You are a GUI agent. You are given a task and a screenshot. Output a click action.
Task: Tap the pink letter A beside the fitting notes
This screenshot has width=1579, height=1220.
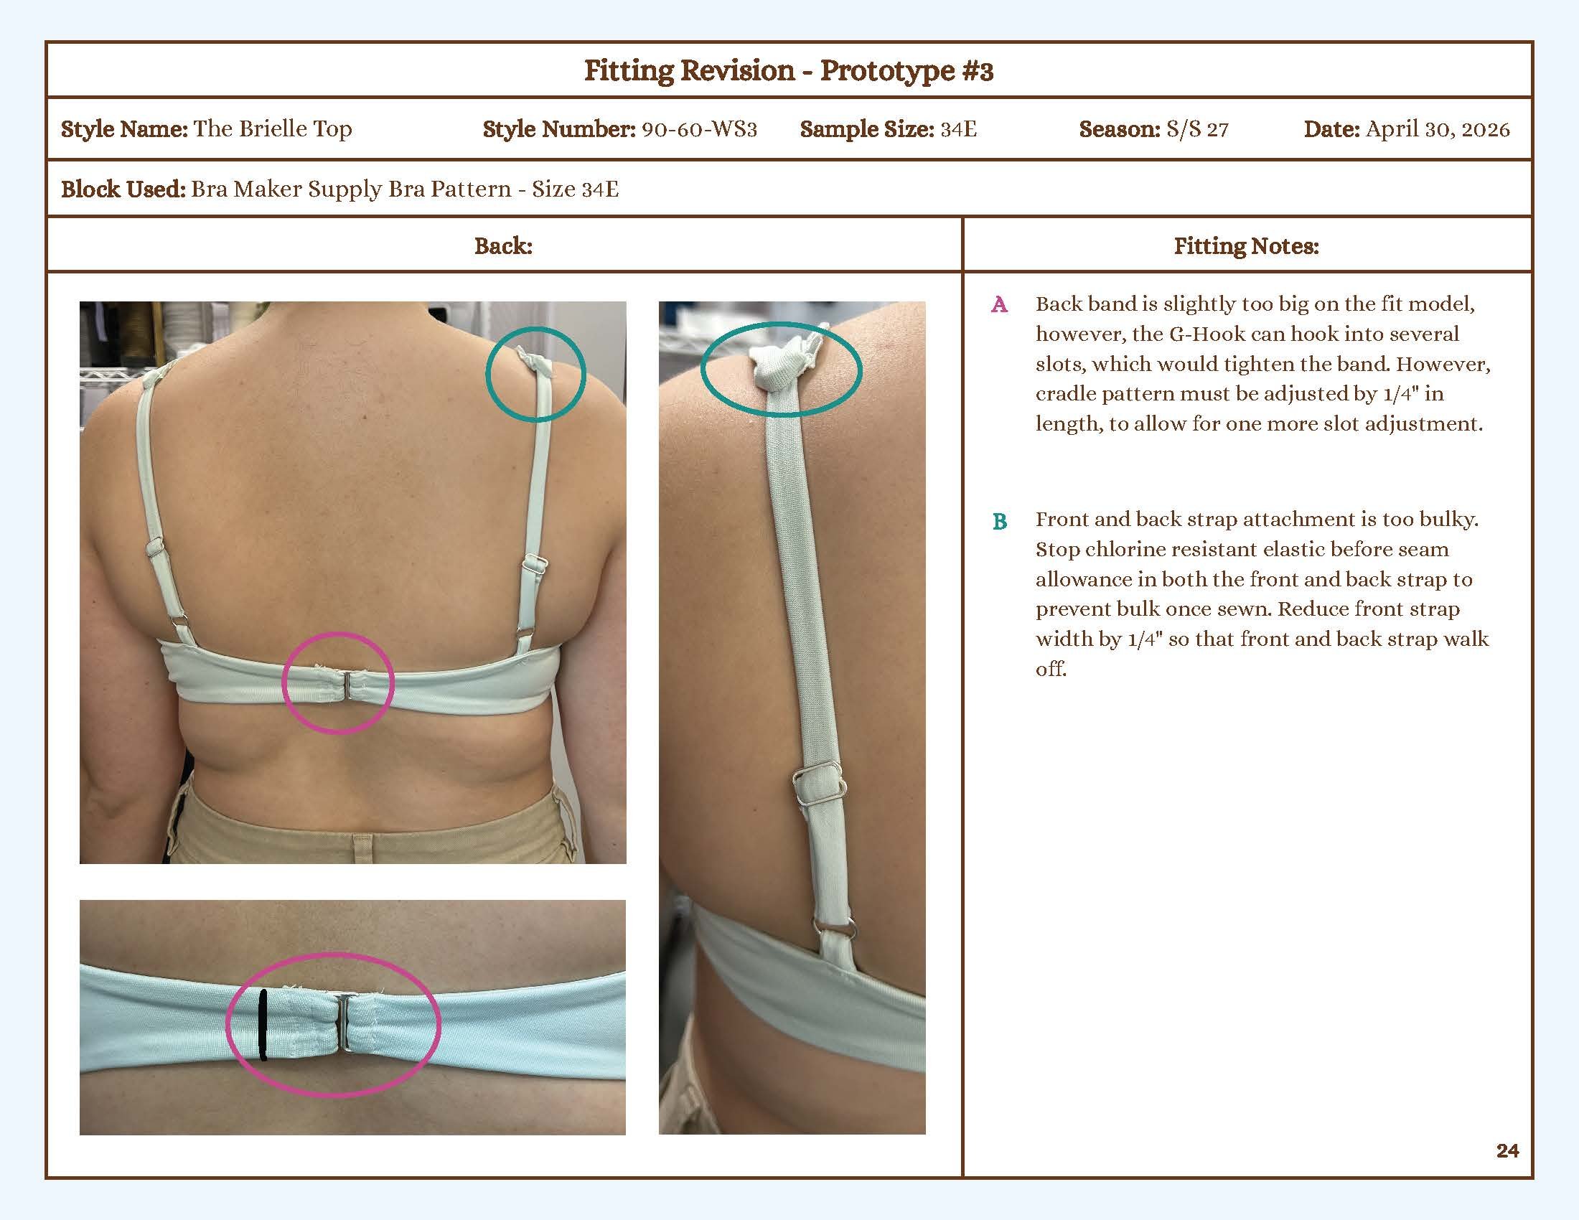click(999, 305)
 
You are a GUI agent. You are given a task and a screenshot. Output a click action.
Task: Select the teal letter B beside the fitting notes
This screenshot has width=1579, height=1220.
click(1000, 521)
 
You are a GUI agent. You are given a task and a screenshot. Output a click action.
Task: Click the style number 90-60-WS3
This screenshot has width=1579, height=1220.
click(699, 129)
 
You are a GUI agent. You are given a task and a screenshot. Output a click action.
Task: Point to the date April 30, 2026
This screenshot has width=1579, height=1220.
click(1438, 129)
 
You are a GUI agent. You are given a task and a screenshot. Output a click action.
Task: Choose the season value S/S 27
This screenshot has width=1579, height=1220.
click(1197, 129)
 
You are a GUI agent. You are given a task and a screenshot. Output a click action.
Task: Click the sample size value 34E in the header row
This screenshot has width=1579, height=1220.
click(959, 129)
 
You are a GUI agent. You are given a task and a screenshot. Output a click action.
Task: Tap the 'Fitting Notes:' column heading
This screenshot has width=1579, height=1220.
click(1247, 246)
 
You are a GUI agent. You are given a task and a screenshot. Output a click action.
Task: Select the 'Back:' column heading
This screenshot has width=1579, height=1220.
click(503, 246)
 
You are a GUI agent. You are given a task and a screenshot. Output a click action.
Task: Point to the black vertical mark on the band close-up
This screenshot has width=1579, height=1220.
click(263, 1025)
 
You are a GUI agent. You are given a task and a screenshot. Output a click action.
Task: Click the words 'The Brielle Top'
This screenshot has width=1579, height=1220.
click(273, 129)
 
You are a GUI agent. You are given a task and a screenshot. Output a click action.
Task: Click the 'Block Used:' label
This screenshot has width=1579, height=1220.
click(123, 189)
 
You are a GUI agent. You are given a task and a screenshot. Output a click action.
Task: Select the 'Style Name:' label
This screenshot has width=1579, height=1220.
click(124, 129)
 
